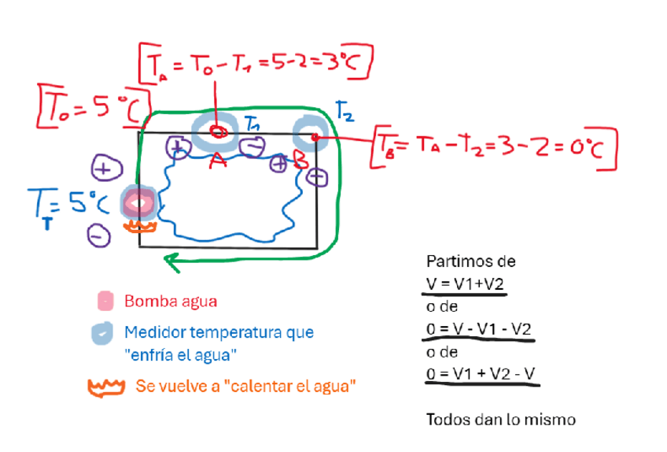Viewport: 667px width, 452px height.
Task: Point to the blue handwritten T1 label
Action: click(x=253, y=123)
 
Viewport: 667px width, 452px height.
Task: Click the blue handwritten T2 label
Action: click(x=345, y=111)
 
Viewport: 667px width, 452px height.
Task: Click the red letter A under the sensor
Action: click(x=218, y=161)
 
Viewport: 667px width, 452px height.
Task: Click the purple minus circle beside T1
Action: click(x=253, y=147)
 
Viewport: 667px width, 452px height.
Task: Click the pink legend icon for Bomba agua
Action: click(x=105, y=301)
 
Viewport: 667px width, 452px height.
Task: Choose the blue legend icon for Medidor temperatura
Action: click(x=105, y=334)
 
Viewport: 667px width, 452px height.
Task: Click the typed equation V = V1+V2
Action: click(x=465, y=283)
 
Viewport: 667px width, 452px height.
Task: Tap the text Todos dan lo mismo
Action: click(x=500, y=419)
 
